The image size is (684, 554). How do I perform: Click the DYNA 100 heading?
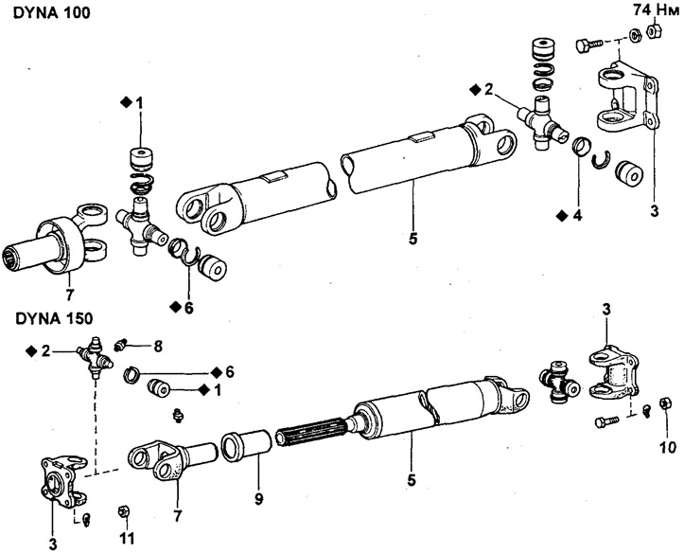tap(52, 12)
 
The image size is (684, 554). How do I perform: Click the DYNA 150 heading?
tap(54, 319)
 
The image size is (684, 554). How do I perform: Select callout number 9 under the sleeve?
tap(259, 498)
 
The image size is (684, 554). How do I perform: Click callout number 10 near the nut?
tap(667, 447)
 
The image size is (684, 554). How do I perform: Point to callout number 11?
tap(127, 538)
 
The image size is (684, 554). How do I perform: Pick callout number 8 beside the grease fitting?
tap(157, 347)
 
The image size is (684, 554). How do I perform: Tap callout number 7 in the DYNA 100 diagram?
tap(69, 295)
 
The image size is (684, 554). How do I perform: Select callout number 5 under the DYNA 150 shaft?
tap(411, 480)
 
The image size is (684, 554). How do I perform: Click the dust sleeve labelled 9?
tap(247, 444)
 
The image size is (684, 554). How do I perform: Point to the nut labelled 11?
tap(123, 510)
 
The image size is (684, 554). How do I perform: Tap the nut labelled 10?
tap(665, 402)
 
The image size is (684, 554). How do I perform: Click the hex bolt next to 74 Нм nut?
tap(588, 45)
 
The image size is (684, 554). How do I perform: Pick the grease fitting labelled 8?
tap(119, 345)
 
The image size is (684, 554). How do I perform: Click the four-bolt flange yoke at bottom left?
tap(64, 478)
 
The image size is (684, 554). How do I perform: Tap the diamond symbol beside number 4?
tap(561, 215)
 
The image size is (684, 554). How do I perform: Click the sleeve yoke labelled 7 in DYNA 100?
tap(57, 242)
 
